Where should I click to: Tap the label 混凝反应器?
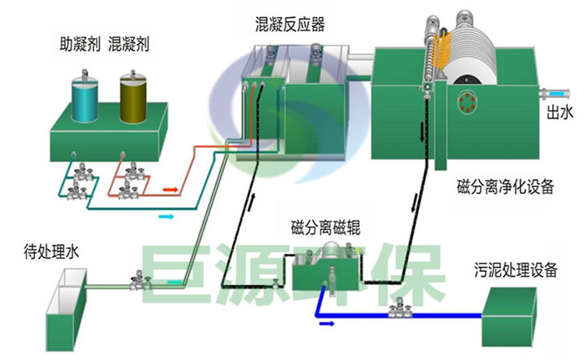[289, 26]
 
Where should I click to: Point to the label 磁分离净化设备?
[505, 186]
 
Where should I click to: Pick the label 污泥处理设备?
[516, 270]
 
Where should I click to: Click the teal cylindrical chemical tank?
[85, 97]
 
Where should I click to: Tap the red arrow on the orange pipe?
[171, 188]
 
